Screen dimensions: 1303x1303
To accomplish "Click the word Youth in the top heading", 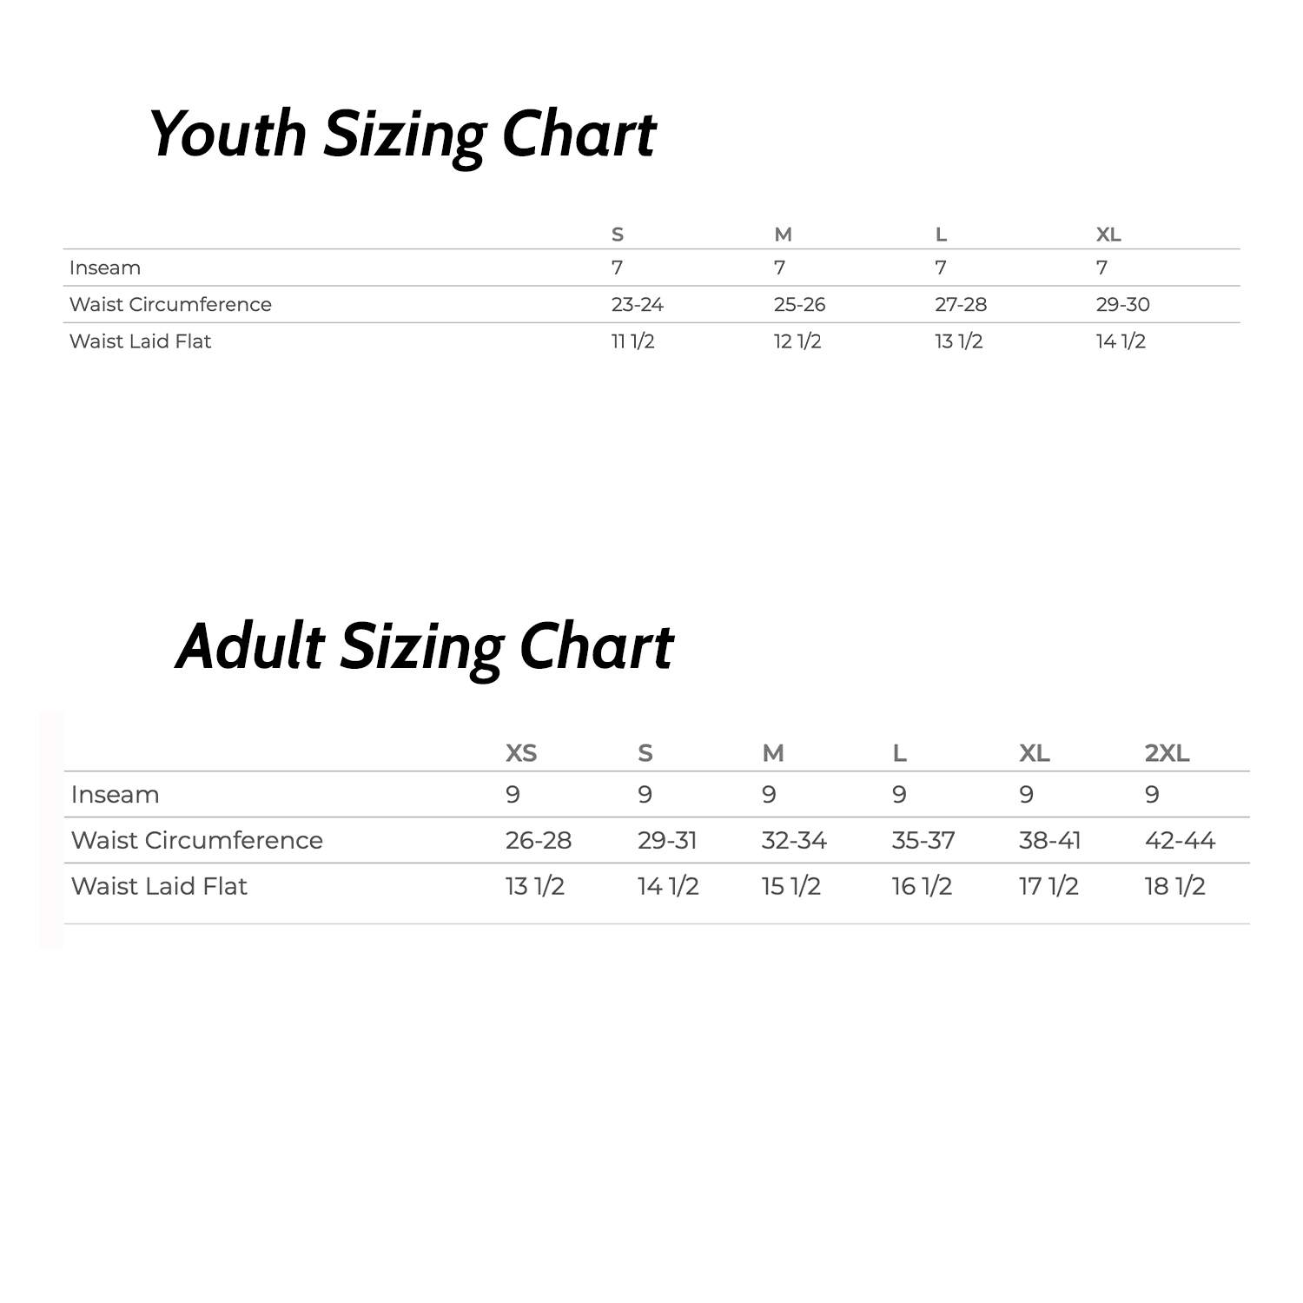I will (228, 135).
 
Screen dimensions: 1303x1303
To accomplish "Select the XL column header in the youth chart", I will (1108, 235).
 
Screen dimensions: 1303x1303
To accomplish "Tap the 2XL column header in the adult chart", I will (1167, 753).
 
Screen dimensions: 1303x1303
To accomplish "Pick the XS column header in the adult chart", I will (521, 753).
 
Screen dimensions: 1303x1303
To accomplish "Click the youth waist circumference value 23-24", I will (637, 305).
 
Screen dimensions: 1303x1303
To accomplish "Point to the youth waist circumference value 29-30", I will (1122, 305).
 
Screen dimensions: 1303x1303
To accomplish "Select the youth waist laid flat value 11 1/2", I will (632, 341).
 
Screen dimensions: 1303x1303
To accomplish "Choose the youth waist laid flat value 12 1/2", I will (797, 341).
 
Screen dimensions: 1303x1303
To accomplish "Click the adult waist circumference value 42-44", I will (1180, 840).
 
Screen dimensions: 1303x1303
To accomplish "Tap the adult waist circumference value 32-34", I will (794, 840).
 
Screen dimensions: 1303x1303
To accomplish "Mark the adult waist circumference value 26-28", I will (539, 840).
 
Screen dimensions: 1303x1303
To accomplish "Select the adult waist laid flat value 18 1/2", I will (1174, 886).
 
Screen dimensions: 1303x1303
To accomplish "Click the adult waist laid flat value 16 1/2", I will (922, 886).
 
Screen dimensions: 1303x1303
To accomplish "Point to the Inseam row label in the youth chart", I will (105, 268).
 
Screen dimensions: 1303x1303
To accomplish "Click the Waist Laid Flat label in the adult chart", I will (159, 886).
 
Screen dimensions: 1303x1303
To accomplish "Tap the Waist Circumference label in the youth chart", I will (170, 305).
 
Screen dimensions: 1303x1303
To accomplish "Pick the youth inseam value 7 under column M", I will (779, 268).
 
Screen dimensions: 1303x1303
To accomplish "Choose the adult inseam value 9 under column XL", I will (1026, 794).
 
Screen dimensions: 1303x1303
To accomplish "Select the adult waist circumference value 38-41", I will (1049, 840).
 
